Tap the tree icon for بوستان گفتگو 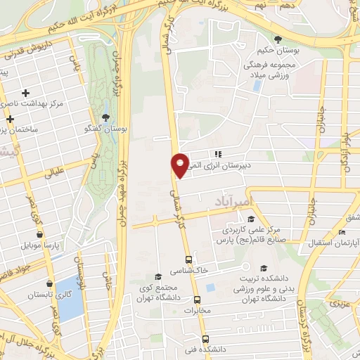pos(105,117)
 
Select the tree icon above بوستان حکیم pos(278,39)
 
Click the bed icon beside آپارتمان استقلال pos(342,233)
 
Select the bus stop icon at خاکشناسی pos(188,258)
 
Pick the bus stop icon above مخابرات pos(199,298)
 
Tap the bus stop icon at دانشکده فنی pos(205,337)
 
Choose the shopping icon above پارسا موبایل pos(39,235)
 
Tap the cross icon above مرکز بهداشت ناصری pos(26,93)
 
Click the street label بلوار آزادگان pos(346,151)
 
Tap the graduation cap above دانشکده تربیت pos(263,268)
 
